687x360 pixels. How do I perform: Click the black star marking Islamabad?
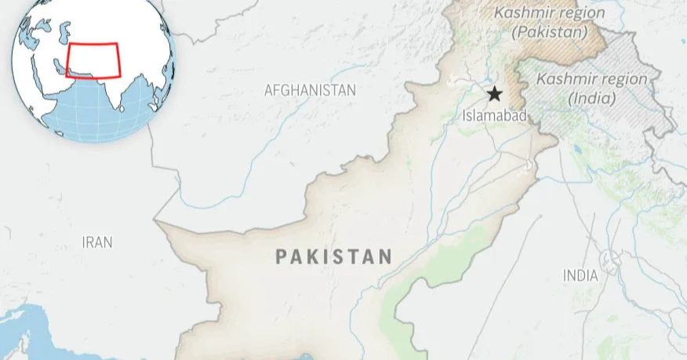(494, 95)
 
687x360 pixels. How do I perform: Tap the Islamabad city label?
(493, 115)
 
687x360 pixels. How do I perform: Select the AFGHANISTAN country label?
(310, 90)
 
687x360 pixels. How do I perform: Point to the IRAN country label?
(97, 242)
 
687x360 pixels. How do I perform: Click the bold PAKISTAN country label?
(334, 256)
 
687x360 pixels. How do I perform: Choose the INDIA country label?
(580, 275)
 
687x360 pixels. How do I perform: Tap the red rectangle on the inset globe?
(93, 60)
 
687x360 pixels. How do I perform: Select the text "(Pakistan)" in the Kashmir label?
(550, 32)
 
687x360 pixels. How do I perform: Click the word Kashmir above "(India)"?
(565, 79)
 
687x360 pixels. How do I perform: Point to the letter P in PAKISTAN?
(281, 256)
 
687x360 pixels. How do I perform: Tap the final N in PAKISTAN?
(386, 256)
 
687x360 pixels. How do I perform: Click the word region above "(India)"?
(622, 79)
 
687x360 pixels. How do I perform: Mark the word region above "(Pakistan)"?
(579, 13)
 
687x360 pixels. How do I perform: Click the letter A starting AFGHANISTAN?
(268, 90)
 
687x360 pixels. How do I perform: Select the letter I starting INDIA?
(565, 275)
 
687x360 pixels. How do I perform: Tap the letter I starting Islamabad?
(464, 115)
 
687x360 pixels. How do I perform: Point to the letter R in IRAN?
(89, 242)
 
